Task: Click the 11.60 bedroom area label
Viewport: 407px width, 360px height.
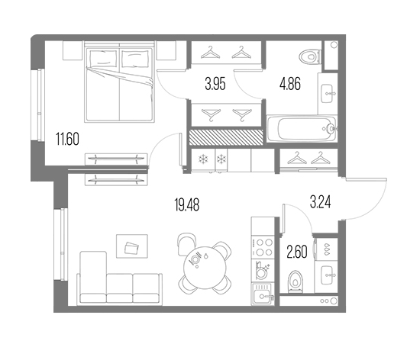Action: point(67,139)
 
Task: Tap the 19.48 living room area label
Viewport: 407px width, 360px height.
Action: point(187,204)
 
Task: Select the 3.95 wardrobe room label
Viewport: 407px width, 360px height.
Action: point(215,84)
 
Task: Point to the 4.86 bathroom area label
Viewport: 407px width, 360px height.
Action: point(290,84)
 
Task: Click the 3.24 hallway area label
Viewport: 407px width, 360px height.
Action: point(320,202)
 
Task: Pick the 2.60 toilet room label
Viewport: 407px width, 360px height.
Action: point(297,252)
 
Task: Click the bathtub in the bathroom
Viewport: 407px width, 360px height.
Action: point(302,129)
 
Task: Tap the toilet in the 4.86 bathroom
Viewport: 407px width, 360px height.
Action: point(310,56)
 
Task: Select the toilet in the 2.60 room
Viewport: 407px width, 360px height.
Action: point(296,281)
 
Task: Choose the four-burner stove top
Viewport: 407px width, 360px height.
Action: point(263,247)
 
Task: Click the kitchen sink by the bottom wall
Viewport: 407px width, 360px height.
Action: point(263,294)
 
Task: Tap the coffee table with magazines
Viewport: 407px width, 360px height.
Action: point(132,246)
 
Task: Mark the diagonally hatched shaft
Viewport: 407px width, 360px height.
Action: point(226,137)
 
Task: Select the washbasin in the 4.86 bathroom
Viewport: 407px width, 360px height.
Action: point(328,94)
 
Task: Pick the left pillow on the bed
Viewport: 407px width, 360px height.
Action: point(103,58)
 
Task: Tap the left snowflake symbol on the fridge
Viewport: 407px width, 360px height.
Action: point(202,159)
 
